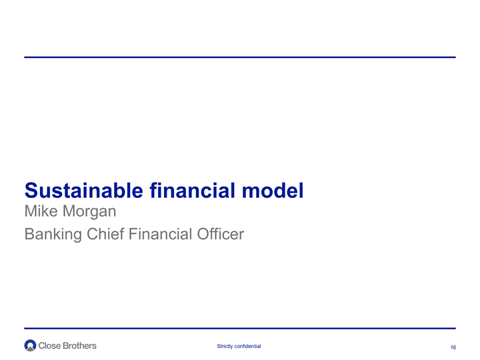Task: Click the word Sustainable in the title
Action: [84, 191]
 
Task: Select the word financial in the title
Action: [192, 191]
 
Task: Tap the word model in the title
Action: [273, 191]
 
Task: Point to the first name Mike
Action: [41, 211]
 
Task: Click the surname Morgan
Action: [89, 212]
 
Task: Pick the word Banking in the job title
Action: [53, 235]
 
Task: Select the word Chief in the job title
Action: [105, 234]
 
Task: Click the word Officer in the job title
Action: [221, 234]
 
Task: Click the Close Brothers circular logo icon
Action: [30, 345]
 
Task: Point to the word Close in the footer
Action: [49, 345]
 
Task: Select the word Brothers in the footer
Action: [79, 345]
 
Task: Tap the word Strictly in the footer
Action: [225, 346]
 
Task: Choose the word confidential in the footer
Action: [247, 346]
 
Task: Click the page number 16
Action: [453, 347]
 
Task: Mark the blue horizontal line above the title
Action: [240, 57]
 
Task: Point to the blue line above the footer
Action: [240, 329]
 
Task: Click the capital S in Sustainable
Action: [31, 191]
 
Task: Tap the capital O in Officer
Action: [203, 234]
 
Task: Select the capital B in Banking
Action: [29, 234]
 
